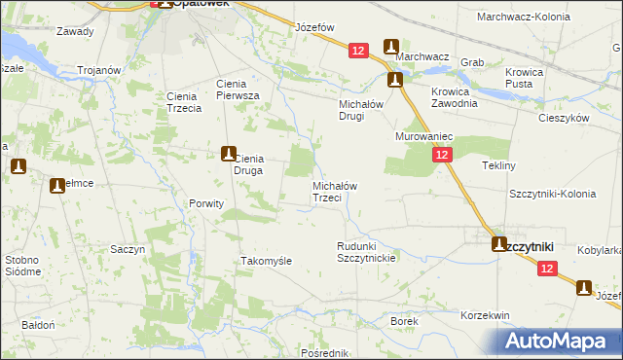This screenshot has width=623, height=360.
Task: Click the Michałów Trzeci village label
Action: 334,192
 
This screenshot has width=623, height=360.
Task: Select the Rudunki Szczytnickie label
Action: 365,252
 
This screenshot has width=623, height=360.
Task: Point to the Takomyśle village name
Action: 266,262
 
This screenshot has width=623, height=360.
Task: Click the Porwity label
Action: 205,203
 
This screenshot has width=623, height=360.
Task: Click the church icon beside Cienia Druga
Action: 228,153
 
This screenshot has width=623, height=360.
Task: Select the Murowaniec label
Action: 420,137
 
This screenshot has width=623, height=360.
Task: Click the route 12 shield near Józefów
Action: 360,51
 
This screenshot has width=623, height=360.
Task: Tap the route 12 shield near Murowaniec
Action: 443,155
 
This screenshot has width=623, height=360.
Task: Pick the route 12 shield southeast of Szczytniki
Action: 548,269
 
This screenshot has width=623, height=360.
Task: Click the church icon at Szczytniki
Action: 499,245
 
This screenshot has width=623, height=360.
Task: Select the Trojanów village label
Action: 99,70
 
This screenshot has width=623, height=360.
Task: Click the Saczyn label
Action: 128,249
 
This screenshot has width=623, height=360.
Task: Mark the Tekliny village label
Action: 498,165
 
